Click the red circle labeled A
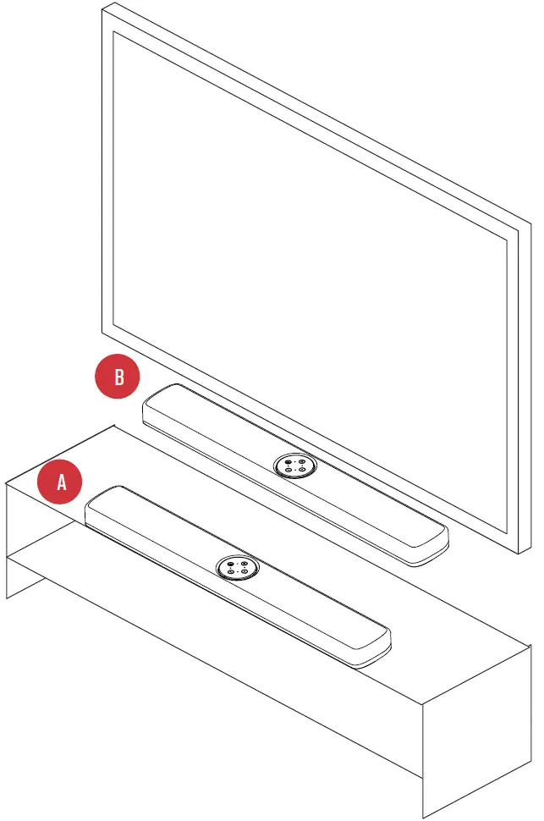click(60, 482)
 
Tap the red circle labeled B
click(118, 377)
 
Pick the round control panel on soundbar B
click(294, 466)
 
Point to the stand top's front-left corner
click(8, 485)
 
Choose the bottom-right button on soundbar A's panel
click(242, 572)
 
